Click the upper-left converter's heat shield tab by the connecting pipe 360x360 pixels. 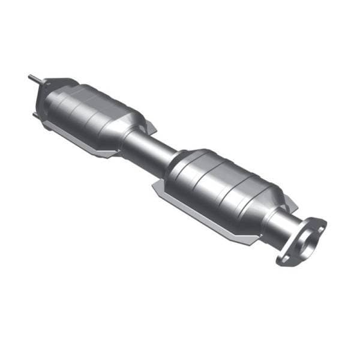(150, 127)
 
